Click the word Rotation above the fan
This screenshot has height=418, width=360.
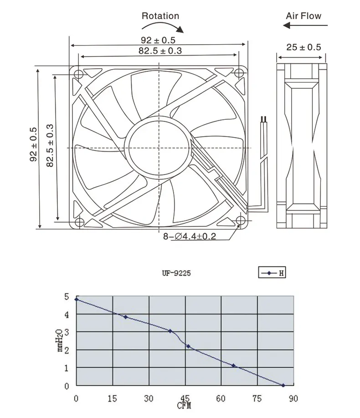pyautogui.click(x=160, y=16)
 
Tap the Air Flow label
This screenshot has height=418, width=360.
pyautogui.click(x=303, y=15)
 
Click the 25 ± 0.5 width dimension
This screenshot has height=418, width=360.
pyautogui.click(x=303, y=47)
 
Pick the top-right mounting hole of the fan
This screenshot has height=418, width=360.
pyautogui.click(x=240, y=73)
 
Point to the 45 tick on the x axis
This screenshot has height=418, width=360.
pyautogui.click(x=185, y=399)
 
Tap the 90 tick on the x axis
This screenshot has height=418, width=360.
pyautogui.click(x=293, y=399)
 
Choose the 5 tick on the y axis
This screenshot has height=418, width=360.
pyautogui.click(x=66, y=296)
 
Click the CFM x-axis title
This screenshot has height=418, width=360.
pyautogui.click(x=185, y=405)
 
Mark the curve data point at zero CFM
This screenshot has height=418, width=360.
pyautogui.click(x=77, y=299)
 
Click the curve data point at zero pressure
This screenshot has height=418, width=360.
pyautogui.click(x=283, y=385)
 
